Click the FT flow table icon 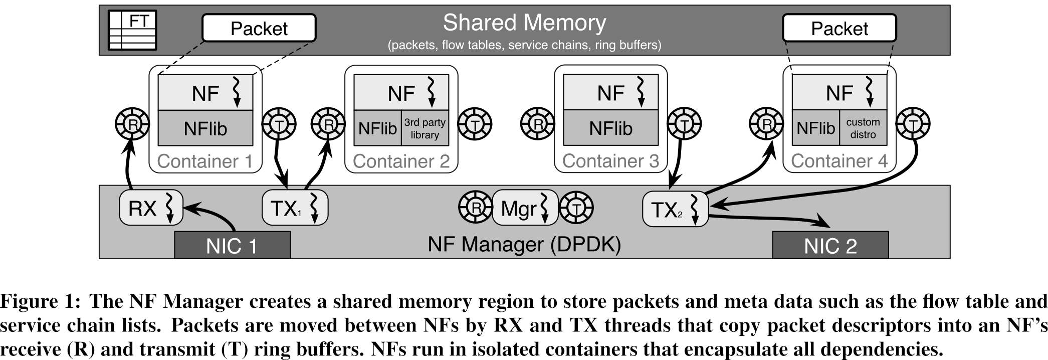point(133,31)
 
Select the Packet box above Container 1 point(259,28)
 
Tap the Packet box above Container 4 point(839,28)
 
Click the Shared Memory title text point(524,23)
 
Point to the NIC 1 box point(232,246)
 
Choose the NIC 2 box point(830,246)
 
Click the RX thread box point(151,208)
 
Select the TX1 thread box point(295,208)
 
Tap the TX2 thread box point(675,209)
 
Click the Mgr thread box point(525,208)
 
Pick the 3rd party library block point(425,128)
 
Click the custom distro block point(863,128)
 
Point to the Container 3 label point(610,161)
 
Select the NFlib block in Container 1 point(205,128)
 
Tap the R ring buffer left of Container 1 point(132,124)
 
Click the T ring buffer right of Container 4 point(913,124)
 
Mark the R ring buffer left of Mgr point(476,207)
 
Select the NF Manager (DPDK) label point(524,244)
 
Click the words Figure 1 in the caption point(40,301)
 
